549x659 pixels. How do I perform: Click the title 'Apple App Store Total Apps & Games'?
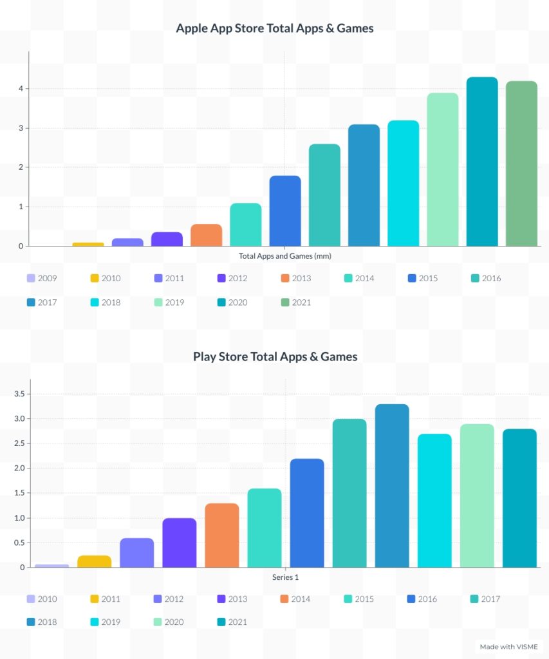275,28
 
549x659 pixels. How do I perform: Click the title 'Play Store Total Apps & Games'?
275,356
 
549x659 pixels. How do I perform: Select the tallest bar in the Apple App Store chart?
482,161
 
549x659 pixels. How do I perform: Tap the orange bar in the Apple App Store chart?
206,235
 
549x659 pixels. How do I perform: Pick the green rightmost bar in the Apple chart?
521,163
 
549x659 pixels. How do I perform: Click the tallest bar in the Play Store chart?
392,486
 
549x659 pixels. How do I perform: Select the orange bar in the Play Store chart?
222,535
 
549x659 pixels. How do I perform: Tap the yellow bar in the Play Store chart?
95,561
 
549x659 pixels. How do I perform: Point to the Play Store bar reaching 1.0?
180,543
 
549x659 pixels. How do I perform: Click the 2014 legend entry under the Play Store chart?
293,599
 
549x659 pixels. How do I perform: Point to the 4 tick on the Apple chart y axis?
21,89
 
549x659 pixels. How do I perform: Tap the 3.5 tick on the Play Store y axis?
18,394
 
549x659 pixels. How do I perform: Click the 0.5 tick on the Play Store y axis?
18,543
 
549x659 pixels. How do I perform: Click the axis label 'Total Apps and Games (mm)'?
284,256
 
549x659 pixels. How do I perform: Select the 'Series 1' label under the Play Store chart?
285,577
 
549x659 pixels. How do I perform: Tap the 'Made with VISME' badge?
508,646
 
